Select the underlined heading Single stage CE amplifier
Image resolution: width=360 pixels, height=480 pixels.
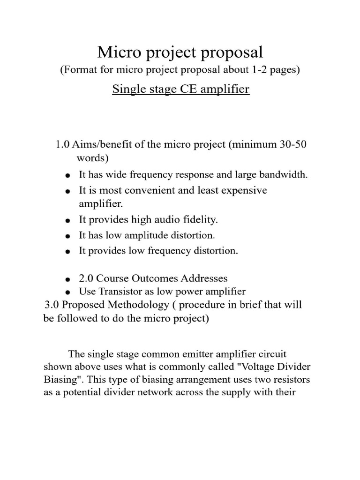180,89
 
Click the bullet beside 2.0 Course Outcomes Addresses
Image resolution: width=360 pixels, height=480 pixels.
68,280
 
